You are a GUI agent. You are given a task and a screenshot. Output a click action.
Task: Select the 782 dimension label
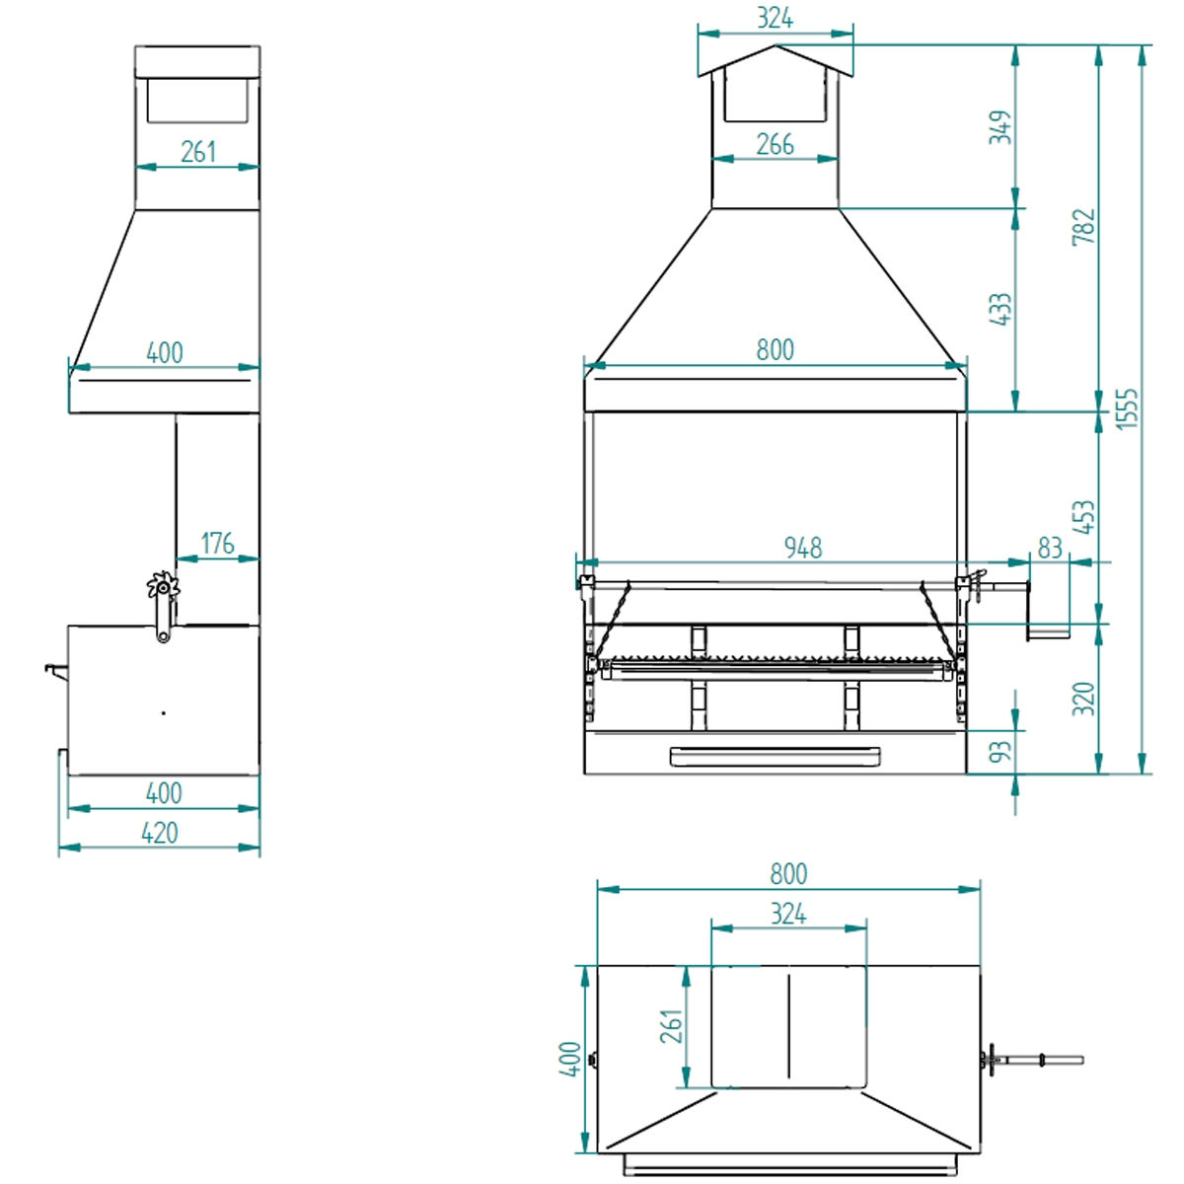coord(1084,227)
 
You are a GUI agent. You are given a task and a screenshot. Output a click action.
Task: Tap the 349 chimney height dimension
coord(1000,127)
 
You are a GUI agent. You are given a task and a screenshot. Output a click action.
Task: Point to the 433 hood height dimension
coord(1000,309)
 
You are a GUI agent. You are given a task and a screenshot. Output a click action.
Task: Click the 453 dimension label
coord(1084,517)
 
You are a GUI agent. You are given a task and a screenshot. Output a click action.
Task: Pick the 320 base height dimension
coord(1084,699)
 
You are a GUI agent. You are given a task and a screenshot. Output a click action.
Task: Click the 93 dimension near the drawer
coord(1000,752)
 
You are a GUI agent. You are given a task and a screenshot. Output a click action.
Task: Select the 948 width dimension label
coord(802,548)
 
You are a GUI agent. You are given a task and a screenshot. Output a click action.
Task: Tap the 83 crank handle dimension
coord(1050,548)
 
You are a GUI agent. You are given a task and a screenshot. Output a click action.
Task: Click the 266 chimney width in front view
coord(775,145)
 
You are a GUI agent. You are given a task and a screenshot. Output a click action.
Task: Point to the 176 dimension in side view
coord(217,544)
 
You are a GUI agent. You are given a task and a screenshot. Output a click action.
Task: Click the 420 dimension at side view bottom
coord(160,833)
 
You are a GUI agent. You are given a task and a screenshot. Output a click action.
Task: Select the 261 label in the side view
coord(197,152)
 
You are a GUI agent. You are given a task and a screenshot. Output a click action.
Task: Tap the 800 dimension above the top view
coord(787,874)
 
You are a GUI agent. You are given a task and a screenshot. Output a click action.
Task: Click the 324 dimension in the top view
coord(787,915)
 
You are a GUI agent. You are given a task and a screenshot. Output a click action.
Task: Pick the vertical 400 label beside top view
coord(571,1059)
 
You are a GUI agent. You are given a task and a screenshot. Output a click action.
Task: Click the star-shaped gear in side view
coord(162,588)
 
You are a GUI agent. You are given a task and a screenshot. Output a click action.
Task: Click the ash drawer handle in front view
coord(775,757)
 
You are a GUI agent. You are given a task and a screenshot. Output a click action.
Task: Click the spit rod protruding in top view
coord(1046,1061)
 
